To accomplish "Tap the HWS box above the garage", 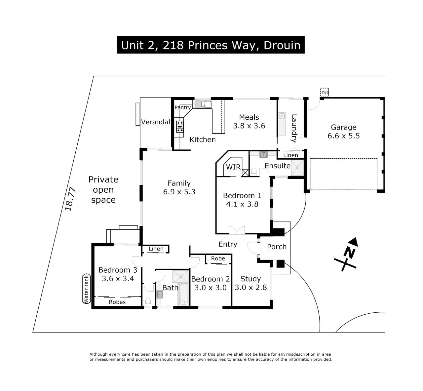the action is tap(325, 92).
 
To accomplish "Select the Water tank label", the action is tap(86, 289).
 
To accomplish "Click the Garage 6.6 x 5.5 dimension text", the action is tap(344, 136).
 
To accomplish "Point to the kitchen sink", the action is tap(203, 104).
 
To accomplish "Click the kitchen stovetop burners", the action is tap(180, 126).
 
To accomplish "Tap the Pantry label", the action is tap(183, 107).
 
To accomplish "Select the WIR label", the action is tap(233, 167).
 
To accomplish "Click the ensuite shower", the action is tap(297, 168).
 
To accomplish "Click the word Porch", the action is tap(277, 247).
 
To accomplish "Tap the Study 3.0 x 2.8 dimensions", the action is tap(251, 288).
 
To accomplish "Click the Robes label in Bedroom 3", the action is tap(117, 302).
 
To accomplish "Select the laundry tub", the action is tap(282, 116).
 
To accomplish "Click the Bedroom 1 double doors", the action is tap(237, 230).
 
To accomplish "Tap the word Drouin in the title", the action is tap(282, 45).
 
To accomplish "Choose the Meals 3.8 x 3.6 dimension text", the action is tap(249, 126).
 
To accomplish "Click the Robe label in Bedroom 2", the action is tap(218, 258).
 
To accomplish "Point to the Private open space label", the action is tap(103, 190).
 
